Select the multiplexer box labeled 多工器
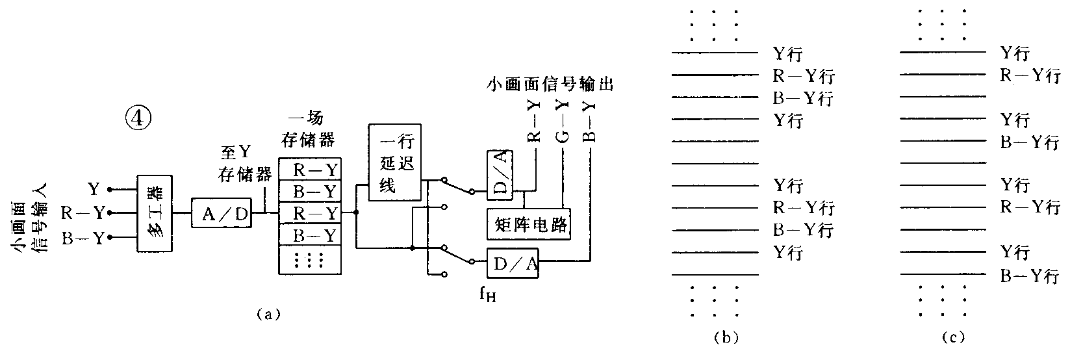155,213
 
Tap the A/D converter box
222,212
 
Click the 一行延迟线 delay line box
394,162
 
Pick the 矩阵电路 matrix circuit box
528,225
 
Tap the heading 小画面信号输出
551,84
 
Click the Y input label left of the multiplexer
94,189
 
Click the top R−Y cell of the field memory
310,170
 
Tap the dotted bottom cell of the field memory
310,260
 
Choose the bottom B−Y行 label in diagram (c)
1028,277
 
